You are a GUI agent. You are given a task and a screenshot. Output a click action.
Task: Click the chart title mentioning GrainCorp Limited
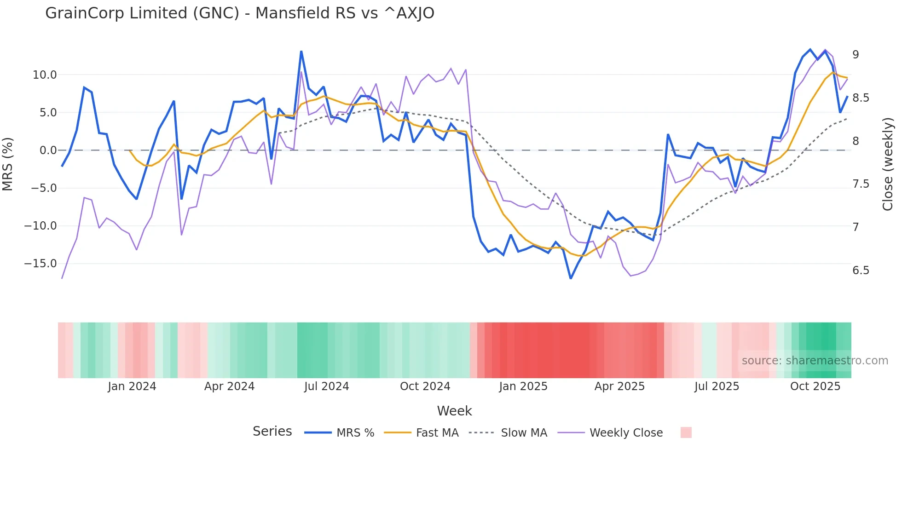pyautogui.click(x=239, y=13)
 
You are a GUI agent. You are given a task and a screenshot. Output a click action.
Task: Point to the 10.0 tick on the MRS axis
pyautogui.click(x=44, y=75)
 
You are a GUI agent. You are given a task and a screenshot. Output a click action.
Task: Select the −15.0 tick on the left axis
pyautogui.click(x=40, y=264)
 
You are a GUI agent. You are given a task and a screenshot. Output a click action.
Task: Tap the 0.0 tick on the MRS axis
pyautogui.click(x=48, y=150)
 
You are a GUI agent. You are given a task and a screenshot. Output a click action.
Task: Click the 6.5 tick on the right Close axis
pyautogui.click(x=861, y=271)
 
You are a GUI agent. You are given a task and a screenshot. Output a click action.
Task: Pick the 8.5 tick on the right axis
pyautogui.click(x=861, y=98)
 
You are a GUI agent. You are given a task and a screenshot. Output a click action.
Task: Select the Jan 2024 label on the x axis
pyautogui.click(x=132, y=386)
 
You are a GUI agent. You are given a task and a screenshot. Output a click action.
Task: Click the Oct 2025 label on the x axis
pyautogui.click(x=815, y=386)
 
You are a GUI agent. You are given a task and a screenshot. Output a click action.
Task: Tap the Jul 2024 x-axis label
pyautogui.click(x=326, y=386)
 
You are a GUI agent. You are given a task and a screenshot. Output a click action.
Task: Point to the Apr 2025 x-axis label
pyautogui.click(x=619, y=386)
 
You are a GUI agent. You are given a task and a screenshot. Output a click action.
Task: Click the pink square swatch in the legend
pyautogui.click(x=686, y=432)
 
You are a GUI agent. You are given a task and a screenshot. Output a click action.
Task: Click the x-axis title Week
pyautogui.click(x=454, y=411)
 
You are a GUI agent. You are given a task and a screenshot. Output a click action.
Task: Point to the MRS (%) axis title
pyautogui.click(x=8, y=164)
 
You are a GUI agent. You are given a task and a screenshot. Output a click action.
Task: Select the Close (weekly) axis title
pyautogui.click(x=888, y=164)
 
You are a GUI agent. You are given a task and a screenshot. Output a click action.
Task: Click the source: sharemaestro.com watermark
pyautogui.click(x=815, y=361)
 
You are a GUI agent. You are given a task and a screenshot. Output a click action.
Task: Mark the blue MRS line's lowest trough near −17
pyautogui.click(x=571, y=278)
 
